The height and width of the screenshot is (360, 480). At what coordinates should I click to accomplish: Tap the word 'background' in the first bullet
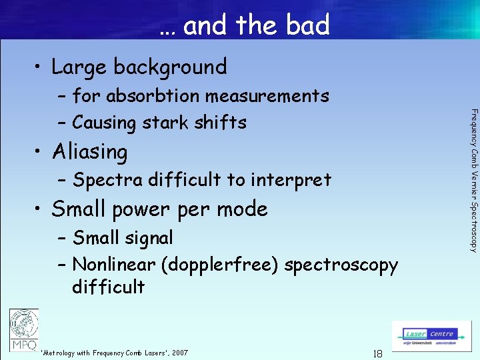[170, 67]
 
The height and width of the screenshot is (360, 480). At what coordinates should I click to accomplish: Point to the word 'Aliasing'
[89, 152]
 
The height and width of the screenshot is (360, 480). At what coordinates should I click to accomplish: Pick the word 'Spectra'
[107, 181]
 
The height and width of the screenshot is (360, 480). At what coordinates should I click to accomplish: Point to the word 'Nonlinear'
[114, 265]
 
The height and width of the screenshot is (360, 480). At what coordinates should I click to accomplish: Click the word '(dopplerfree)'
[220, 265]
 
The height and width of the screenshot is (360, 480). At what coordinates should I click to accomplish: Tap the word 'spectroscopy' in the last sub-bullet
[341, 265]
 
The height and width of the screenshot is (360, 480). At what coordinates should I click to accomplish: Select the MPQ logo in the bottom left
[24, 329]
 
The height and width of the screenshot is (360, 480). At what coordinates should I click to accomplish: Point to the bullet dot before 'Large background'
[38, 67]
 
